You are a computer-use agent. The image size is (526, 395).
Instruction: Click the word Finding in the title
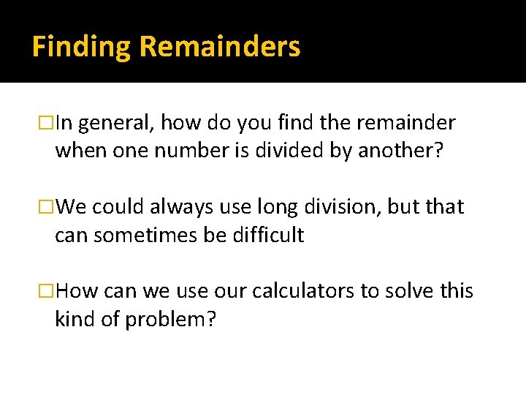82,48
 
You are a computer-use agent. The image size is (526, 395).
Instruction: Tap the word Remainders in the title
219,46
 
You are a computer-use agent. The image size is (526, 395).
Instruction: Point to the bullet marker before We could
48,208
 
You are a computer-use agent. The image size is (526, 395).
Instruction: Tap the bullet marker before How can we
48,292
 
